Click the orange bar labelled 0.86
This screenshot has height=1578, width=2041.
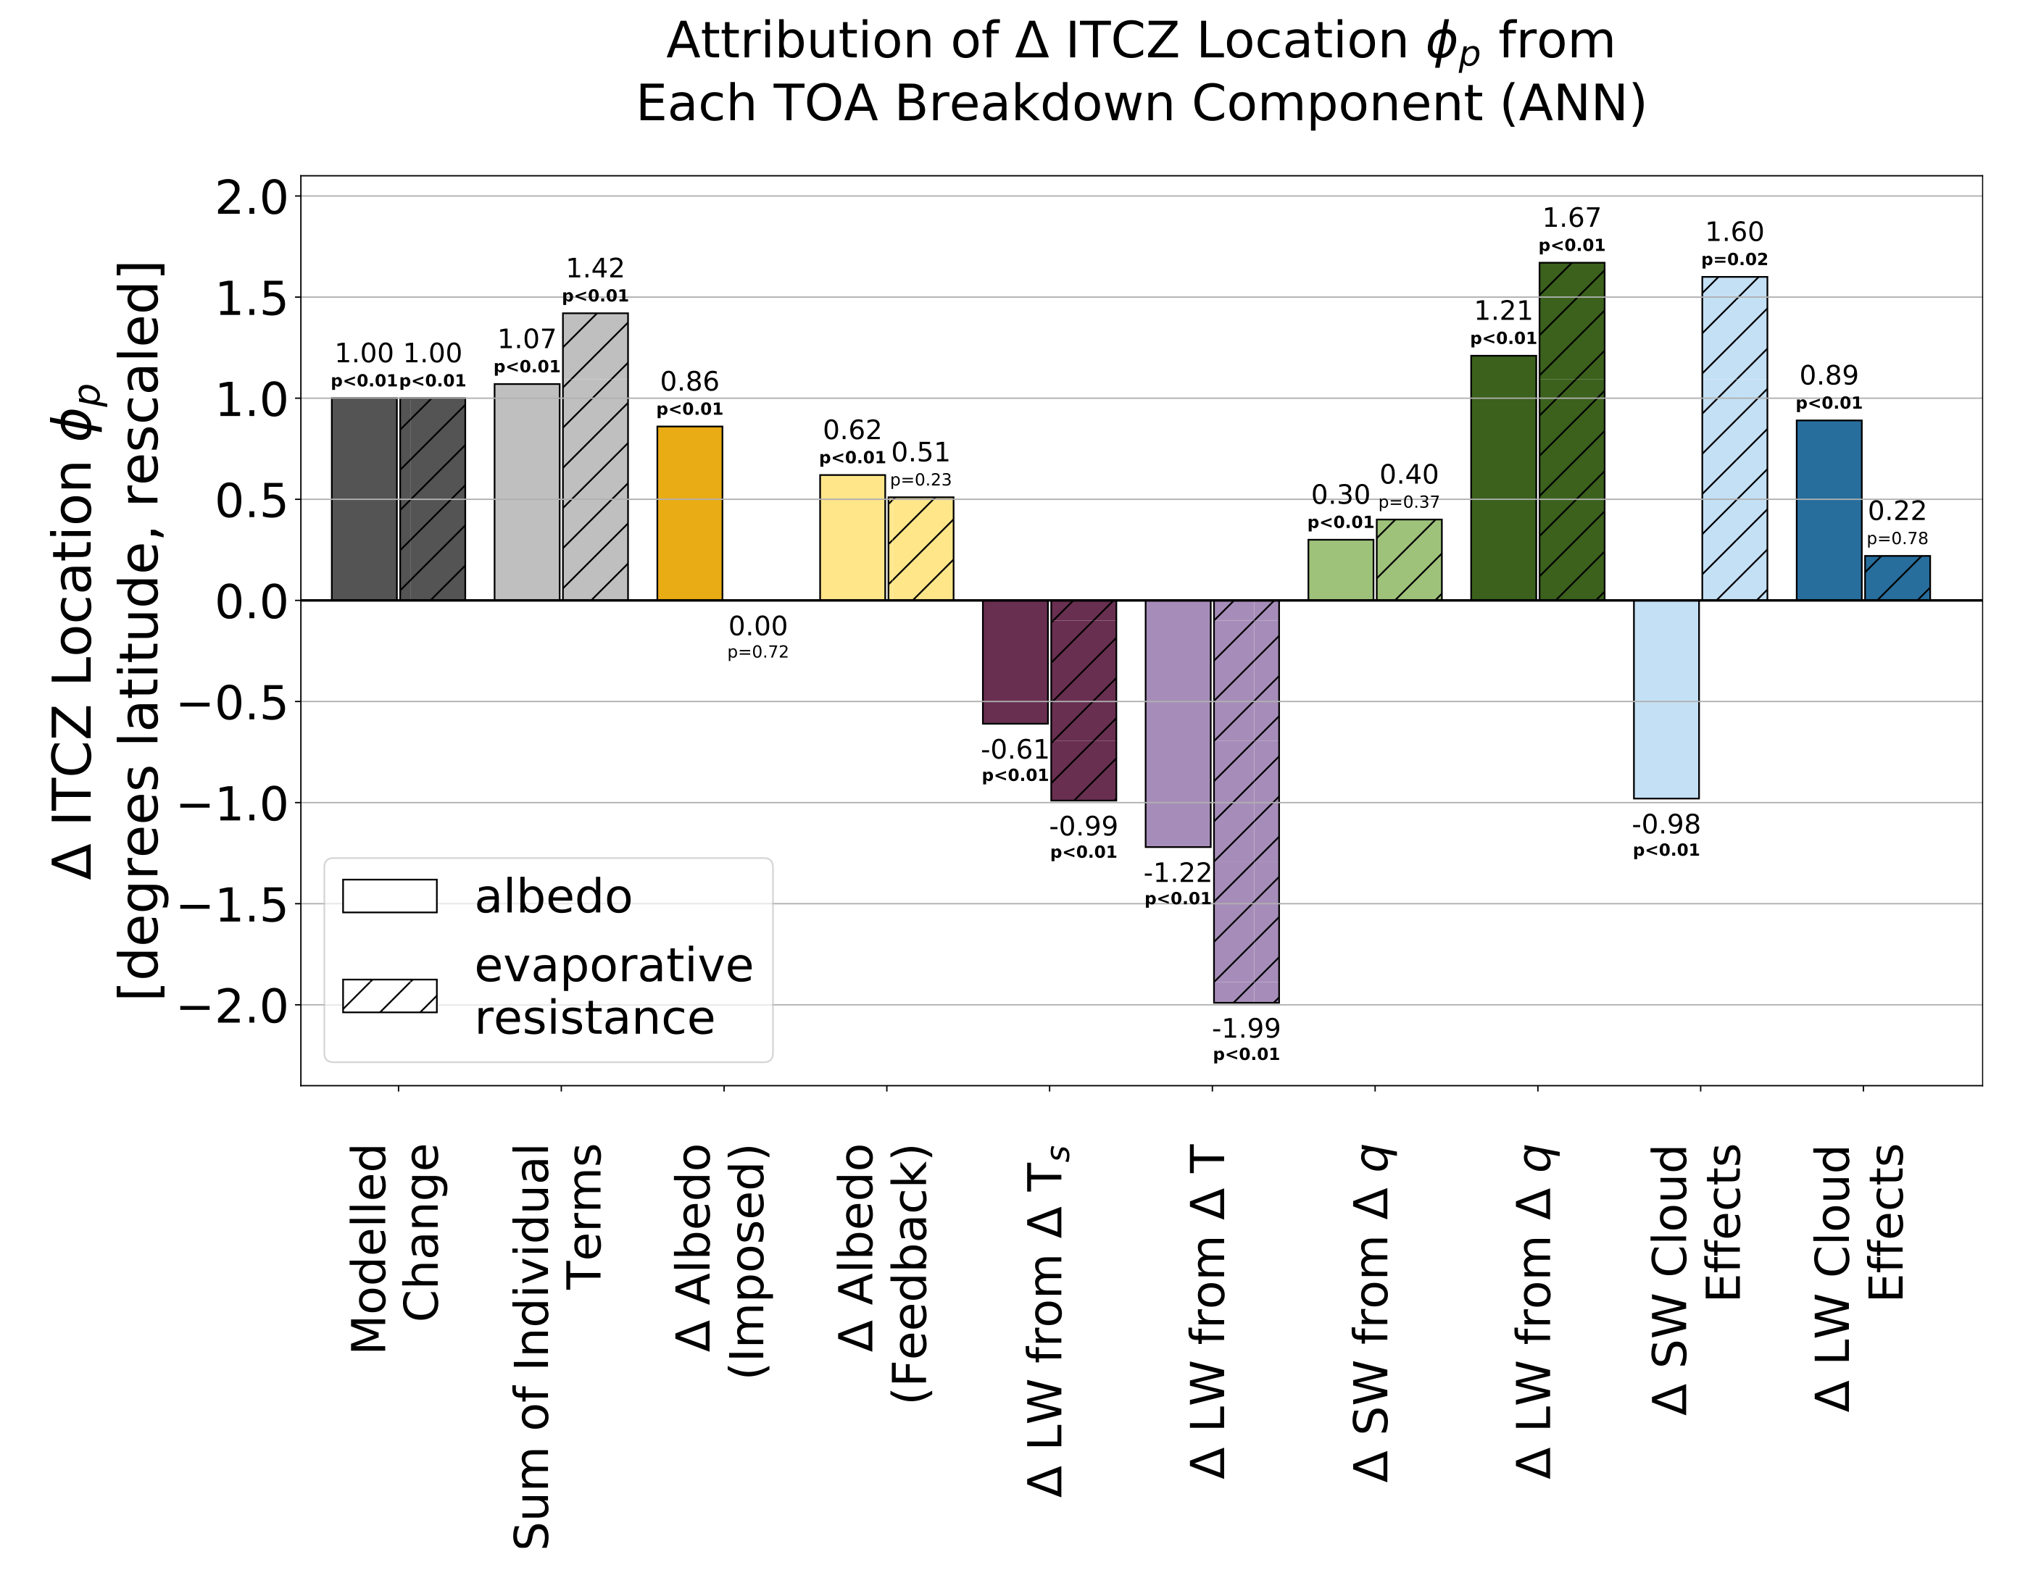[690, 513]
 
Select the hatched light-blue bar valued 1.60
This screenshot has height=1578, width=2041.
[1734, 438]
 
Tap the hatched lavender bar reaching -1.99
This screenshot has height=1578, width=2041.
[1247, 801]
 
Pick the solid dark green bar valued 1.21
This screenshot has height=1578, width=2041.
[1504, 477]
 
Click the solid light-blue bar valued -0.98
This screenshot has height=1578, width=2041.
[1666, 699]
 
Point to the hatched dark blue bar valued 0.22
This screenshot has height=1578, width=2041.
[1897, 578]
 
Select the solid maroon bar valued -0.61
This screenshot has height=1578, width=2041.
[1015, 661]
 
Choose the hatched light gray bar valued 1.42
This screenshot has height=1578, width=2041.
[595, 457]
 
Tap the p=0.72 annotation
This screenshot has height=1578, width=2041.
[758, 652]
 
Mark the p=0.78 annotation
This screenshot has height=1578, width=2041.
[1897, 538]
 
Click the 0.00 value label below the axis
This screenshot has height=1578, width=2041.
[758, 626]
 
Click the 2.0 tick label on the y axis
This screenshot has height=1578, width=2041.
[252, 197]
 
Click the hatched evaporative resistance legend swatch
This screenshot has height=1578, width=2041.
[390, 996]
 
